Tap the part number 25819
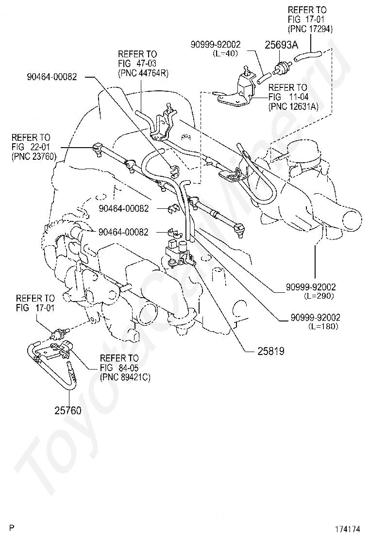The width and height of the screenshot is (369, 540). pos(257,350)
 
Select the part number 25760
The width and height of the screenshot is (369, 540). pos(67,410)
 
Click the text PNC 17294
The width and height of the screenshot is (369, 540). pos(310,29)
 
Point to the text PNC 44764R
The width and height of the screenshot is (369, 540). pos(143,73)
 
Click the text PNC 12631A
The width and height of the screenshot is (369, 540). pos(294,107)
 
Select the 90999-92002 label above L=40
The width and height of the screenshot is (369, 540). pos(217,45)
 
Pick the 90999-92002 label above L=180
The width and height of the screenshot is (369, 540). pos(316,317)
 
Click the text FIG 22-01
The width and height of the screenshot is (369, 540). pos(31,147)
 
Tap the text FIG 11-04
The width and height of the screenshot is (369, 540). pos(288,97)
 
